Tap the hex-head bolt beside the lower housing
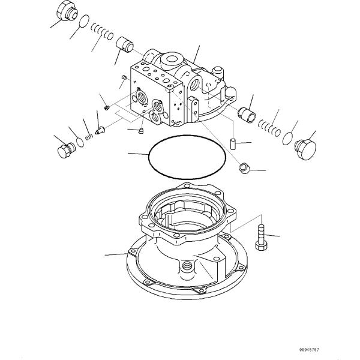[261, 238]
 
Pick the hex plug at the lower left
[66, 150]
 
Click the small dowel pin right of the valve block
[233, 143]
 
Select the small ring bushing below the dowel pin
[244, 168]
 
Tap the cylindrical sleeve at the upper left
[125, 44]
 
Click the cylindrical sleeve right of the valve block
[247, 115]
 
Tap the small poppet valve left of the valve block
[100, 131]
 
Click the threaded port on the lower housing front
[187, 266]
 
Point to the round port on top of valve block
[172, 59]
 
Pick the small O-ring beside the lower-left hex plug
[80, 142]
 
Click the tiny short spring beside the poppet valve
[89, 137]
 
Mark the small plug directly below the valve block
[141, 131]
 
